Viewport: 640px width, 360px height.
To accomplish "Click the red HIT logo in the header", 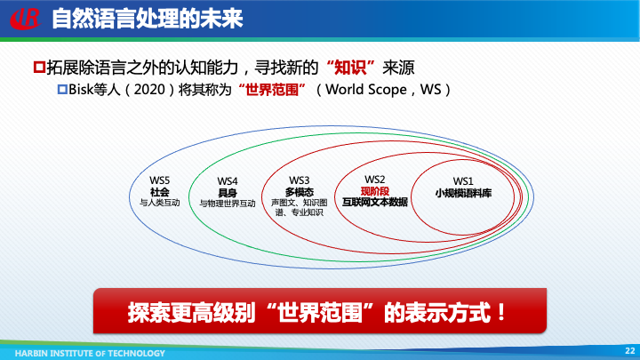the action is tap(25, 17).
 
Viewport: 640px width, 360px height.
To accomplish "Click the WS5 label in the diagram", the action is tap(160, 180).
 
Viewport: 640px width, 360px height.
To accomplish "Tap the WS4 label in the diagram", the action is tap(228, 181).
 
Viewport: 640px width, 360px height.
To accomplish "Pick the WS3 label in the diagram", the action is tap(300, 180).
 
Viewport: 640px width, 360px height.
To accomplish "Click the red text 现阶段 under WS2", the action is tap(374, 191).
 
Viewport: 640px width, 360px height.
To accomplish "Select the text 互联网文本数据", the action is tap(374, 203).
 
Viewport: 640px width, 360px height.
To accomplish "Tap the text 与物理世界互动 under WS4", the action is tap(228, 204).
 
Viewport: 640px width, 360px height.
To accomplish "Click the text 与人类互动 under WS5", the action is tap(160, 203).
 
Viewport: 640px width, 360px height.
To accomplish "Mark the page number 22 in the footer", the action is tap(629, 351).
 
